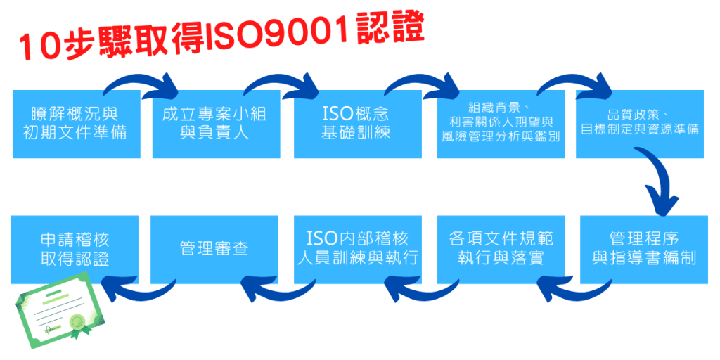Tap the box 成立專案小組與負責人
coord(216,124)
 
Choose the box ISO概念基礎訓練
coord(357,124)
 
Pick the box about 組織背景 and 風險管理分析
coord(501,124)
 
